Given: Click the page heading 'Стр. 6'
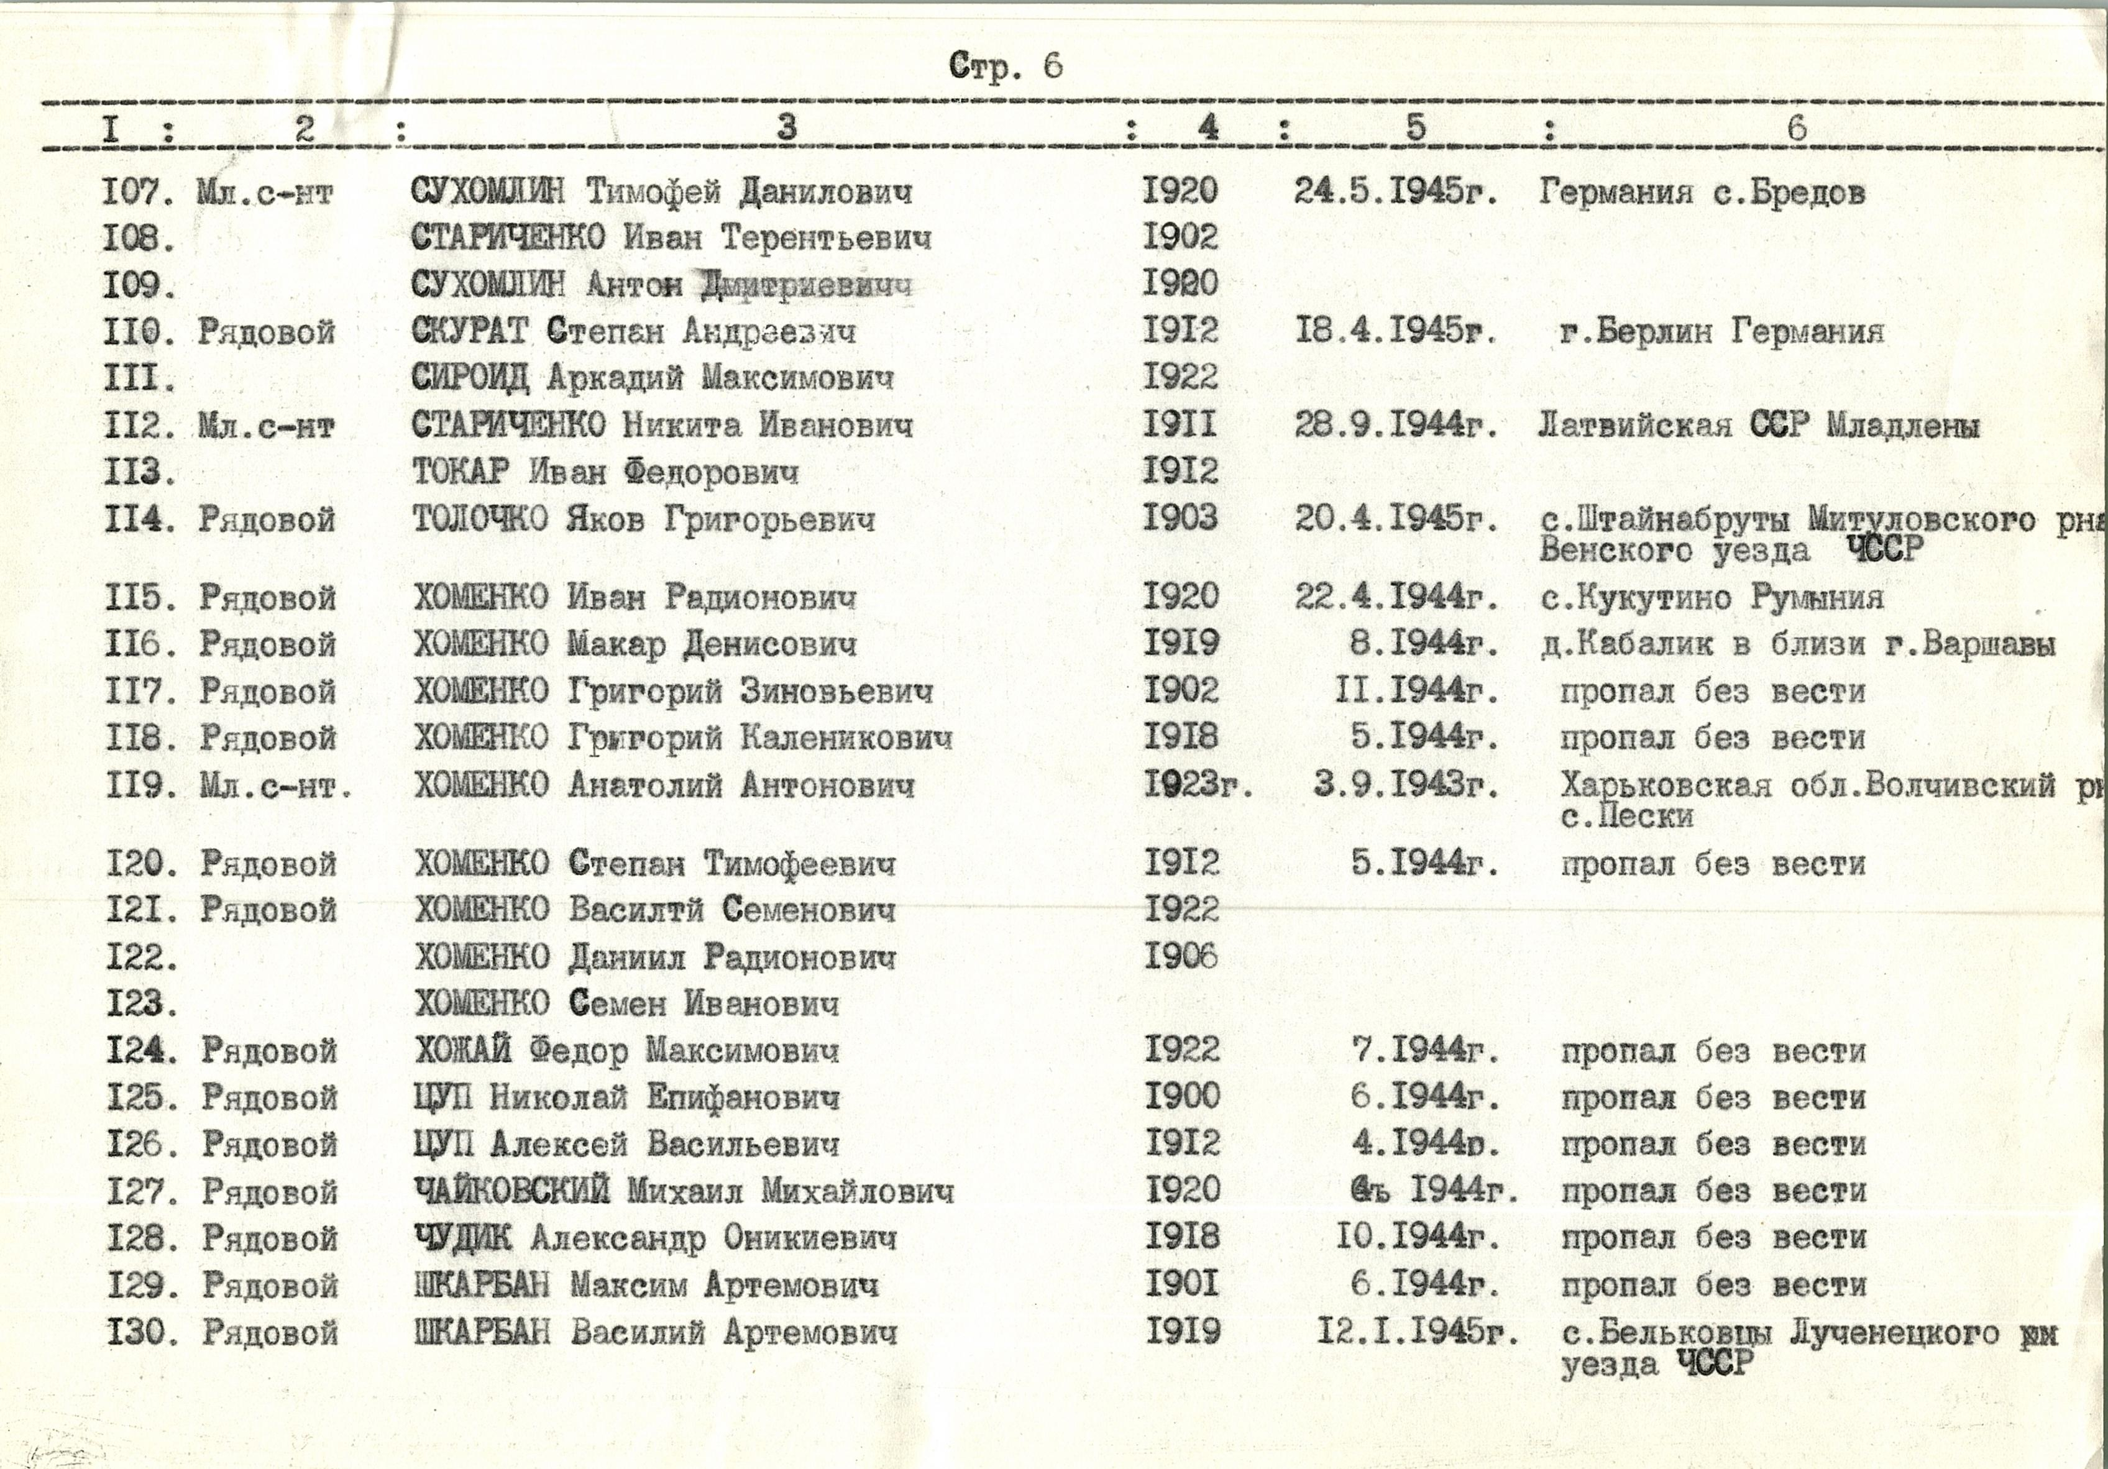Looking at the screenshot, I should pyautogui.click(x=1006, y=66).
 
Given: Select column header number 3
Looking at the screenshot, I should pyautogui.click(x=786, y=127).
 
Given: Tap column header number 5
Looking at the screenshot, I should pyautogui.click(x=1415, y=127).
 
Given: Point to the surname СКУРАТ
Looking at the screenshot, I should pyautogui.click(x=469, y=331).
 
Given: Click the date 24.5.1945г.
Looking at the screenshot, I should pyautogui.click(x=1396, y=191).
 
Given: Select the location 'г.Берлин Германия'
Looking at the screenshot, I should pyautogui.click(x=1721, y=331).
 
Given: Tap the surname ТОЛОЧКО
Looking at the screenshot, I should pyautogui.click(x=480, y=519).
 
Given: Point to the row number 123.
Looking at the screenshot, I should pyautogui.click(x=140, y=1004).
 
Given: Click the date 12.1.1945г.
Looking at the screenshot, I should pyautogui.click(x=1417, y=1331).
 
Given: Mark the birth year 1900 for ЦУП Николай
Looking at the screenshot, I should pyautogui.click(x=1183, y=1096).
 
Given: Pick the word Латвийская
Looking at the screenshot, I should pyautogui.click(x=1635, y=425).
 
